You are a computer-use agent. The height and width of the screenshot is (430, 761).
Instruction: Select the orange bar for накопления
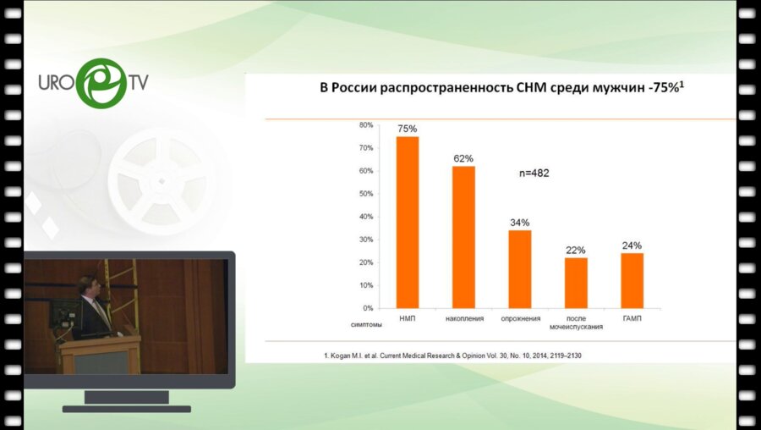point(463,237)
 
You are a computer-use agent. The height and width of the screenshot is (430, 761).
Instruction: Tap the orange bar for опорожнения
point(520,268)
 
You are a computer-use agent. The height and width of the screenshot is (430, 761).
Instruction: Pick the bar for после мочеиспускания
point(576,283)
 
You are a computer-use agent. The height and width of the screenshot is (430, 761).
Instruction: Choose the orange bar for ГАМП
point(632,280)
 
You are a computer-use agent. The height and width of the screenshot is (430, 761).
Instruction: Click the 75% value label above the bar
point(408,129)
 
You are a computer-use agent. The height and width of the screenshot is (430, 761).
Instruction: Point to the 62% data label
point(463,158)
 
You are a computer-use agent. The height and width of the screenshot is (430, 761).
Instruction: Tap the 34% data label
point(520,223)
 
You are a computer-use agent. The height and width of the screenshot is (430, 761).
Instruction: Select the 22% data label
point(576,250)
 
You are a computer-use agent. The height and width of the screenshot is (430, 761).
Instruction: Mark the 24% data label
point(632,245)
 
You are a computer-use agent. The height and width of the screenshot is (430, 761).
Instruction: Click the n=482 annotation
point(534,173)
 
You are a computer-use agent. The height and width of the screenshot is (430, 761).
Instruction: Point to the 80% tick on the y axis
point(366,125)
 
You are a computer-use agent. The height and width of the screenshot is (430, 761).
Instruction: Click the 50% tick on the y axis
point(366,194)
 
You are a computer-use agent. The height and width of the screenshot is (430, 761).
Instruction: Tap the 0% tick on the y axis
point(368,308)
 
